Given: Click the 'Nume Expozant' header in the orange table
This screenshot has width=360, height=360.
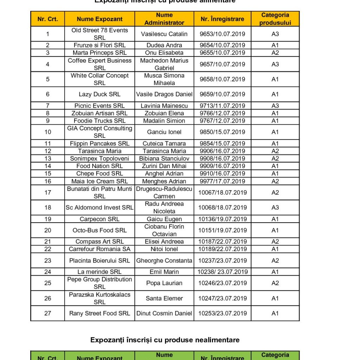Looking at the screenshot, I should pos(99,19).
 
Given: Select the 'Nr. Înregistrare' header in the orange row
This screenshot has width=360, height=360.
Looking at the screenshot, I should pos(222,19).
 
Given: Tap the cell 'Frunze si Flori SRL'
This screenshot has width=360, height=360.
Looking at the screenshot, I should pos(99,45).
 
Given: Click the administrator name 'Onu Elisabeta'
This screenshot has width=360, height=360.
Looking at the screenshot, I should pos(164,53).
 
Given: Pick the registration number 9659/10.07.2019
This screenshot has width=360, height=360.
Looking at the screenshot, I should pos(222,94).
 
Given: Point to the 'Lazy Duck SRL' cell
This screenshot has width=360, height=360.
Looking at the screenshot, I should pos(99,94).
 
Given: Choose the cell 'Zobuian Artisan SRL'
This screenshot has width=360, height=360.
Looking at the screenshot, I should pos(99,113).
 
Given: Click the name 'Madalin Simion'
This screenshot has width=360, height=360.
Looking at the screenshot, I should pos(164,121).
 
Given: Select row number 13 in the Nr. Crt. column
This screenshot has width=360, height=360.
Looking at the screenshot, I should pos(48,159).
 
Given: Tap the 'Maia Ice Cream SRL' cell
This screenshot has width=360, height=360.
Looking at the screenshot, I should pos(99,181).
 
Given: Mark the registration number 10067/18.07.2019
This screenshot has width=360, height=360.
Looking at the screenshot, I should pos(222,192).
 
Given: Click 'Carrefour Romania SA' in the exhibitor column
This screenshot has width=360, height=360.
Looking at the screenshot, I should pos(99,249).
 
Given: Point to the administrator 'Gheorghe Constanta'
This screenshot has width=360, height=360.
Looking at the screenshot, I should pos(164,261).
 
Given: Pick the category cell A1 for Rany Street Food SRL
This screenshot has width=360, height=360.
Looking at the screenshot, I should pos(275,313).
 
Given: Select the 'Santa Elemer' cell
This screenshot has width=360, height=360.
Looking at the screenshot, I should pos(164,298).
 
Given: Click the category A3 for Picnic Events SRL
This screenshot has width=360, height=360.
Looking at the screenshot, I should pos(275,106).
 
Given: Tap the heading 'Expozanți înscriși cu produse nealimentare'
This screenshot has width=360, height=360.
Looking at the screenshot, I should pos(165,340).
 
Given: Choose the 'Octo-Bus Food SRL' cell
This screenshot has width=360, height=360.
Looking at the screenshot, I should pos(99,230).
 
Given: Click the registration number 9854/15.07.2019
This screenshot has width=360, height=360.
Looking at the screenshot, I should pos(222,143).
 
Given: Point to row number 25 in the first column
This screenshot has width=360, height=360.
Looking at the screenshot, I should pos(48,283).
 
